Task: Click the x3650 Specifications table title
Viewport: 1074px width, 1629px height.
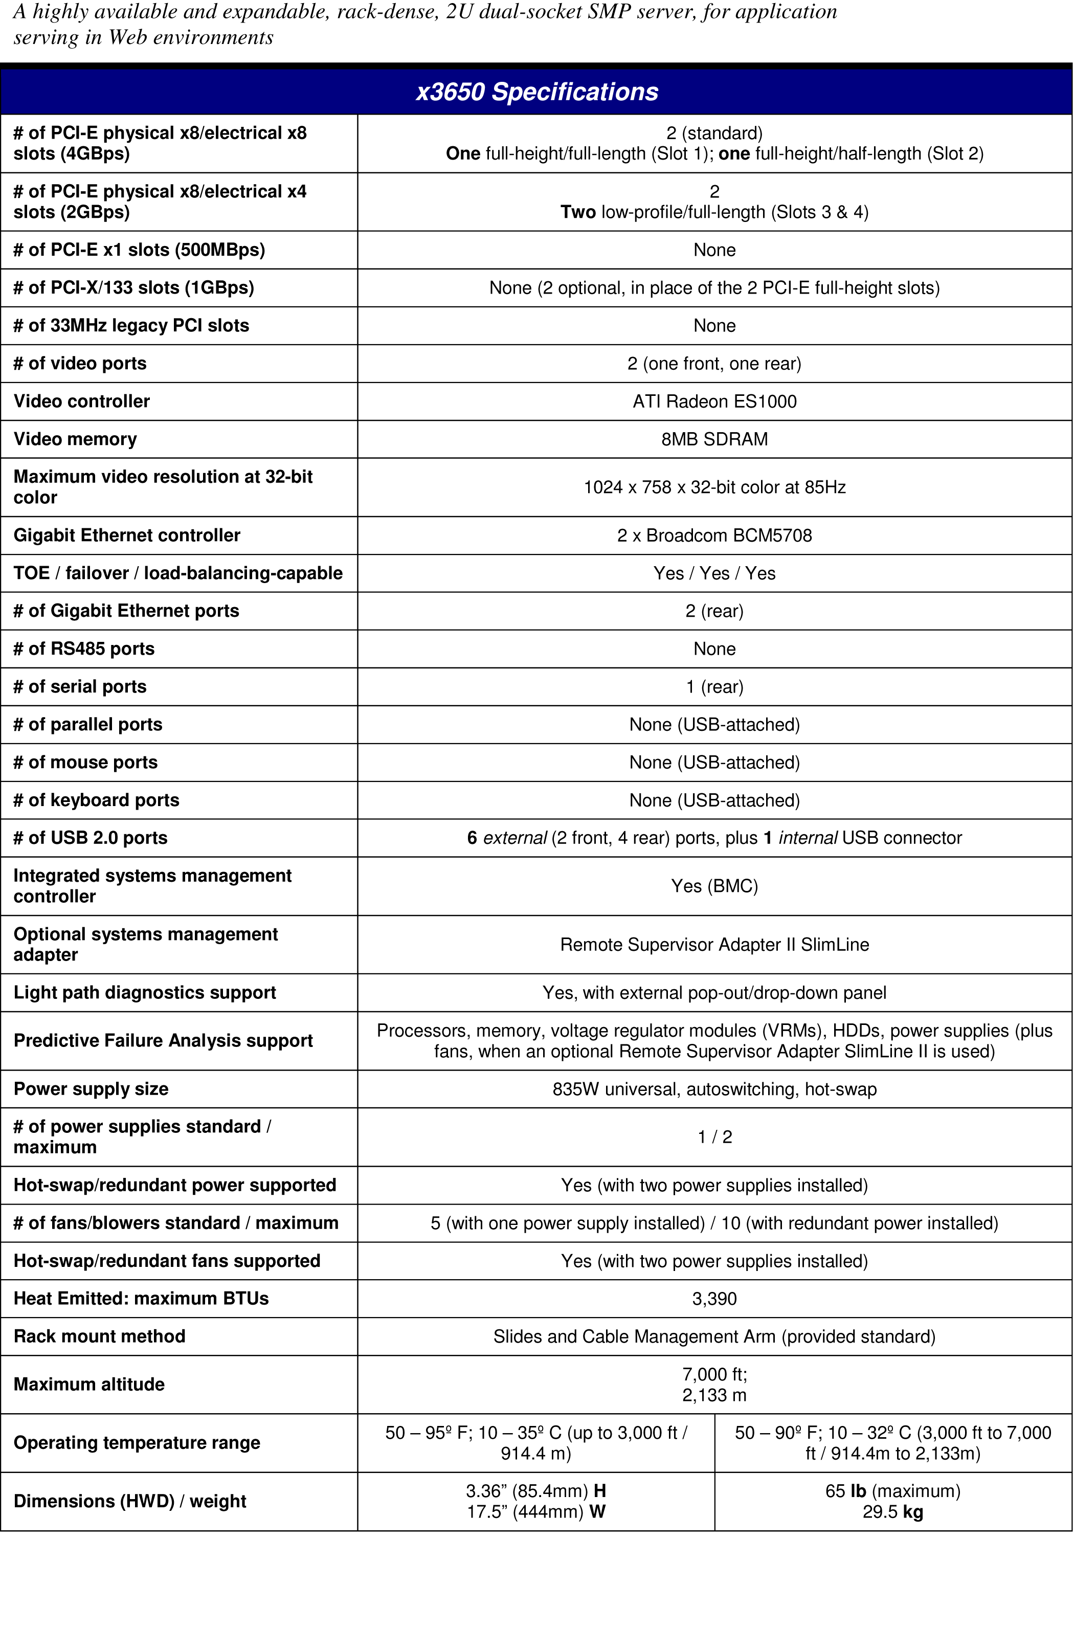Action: pos(537,92)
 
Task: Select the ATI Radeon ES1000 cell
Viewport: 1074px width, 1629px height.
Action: pos(714,401)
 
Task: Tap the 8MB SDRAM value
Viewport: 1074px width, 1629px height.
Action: pos(714,439)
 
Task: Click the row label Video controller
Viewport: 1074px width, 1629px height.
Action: pos(81,401)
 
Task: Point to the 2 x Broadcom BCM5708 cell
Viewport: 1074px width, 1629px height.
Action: pos(714,535)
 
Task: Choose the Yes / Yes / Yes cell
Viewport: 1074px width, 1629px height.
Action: pos(714,573)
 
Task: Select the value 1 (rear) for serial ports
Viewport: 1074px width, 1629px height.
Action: pos(714,686)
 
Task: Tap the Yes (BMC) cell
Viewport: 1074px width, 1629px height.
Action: pos(714,886)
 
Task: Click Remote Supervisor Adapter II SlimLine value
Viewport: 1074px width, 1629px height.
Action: pos(714,945)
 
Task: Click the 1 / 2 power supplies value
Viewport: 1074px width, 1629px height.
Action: pos(714,1137)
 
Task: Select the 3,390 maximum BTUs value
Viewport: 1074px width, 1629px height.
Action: pos(714,1298)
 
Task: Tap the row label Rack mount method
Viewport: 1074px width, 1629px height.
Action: pos(99,1336)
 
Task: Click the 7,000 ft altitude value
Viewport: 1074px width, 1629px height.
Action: pos(714,1374)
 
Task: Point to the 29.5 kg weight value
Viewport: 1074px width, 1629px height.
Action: pos(892,1512)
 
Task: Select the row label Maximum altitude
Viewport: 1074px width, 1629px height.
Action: pos(89,1385)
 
